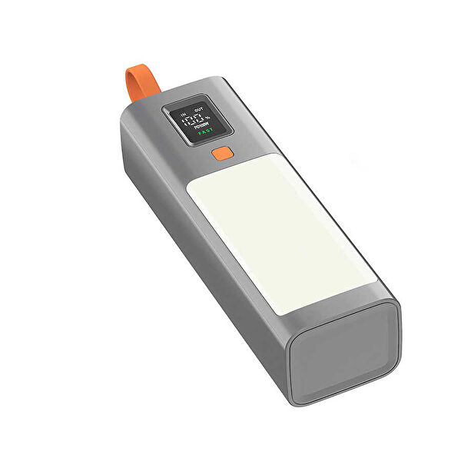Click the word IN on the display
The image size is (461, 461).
tap(183, 114)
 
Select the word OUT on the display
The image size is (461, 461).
tap(201, 111)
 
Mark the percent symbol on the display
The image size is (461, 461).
tap(208, 117)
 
